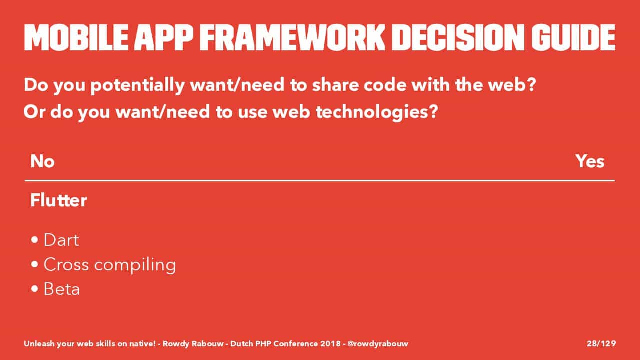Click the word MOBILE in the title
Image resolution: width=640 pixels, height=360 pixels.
tap(76, 37)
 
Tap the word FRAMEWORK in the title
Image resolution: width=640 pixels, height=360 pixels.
tap(292, 37)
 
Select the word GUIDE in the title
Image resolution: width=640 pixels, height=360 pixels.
tap(573, 37)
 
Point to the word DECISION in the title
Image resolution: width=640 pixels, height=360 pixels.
tap(458, 37)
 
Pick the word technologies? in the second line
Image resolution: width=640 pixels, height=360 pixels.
tap(377, 112)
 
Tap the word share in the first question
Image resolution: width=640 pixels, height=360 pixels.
tap(335, 85)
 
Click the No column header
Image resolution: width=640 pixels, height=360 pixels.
tap(42, 161)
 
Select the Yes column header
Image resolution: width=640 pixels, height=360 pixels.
tap(590, 161)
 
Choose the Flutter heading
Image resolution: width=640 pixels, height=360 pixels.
tap(59, 200)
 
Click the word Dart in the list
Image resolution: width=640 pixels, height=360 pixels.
tap(61, 240)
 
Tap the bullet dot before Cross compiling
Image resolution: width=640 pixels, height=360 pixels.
tap(35, 264)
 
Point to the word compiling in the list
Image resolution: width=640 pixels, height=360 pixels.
tap(135, 265)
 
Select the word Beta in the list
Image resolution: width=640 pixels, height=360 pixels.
tap(61, 289)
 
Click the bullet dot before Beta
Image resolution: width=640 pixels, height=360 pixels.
tap(35, 289)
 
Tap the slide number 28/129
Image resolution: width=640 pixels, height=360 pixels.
tap(601, 343)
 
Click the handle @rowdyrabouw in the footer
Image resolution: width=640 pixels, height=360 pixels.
tap(378, 344)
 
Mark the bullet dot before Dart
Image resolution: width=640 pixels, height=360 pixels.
tap(35, 240)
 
